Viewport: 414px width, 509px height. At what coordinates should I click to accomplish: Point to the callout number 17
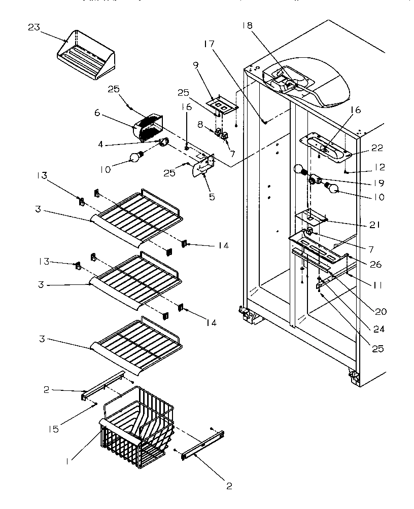tap(209, 44)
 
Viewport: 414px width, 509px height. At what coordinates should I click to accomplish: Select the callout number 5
tap(212, 197)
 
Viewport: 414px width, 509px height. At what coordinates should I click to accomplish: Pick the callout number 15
tap(53, 429)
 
